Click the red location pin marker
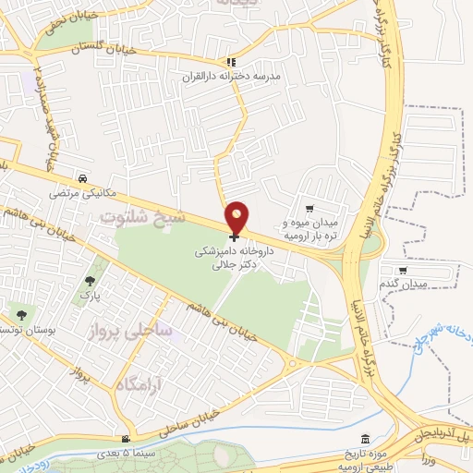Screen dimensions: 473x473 (237, 217)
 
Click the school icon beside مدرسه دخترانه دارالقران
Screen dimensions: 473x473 (231, 63)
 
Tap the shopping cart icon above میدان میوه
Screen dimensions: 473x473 (309, 209)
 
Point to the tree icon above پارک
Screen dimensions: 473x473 (90, 281)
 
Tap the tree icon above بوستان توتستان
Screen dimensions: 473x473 (20, 314)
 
